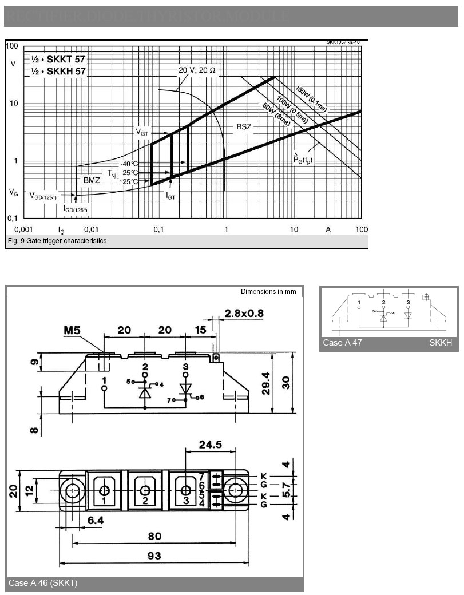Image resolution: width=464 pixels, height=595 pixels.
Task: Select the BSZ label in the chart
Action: (x=244, y=126)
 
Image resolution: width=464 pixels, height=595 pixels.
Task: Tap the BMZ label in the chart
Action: (x=92, y=180)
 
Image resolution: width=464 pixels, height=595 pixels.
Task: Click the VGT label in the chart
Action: (x=142, y=132)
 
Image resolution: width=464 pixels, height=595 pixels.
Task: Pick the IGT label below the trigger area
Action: (x=170, y=196)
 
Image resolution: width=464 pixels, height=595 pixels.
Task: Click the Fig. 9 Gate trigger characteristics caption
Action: (x=56, y=241)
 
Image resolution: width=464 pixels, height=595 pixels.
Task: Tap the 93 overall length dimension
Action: (x=154, y=555)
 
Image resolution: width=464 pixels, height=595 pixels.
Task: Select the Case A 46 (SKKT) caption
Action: (x=43, y=583)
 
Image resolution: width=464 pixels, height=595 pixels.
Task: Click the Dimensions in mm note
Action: (x=268, y=292)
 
